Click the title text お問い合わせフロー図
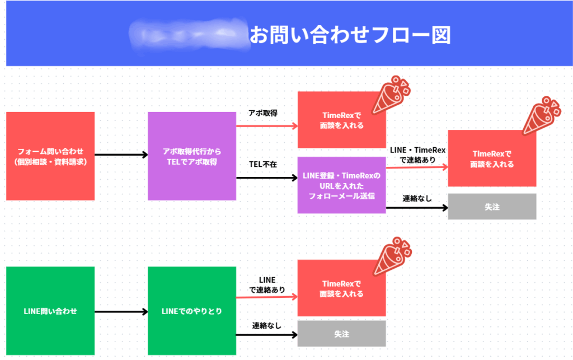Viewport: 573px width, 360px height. pos(350,35)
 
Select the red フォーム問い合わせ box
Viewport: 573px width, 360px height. pos(50,156)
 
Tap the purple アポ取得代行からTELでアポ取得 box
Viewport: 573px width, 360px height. pos(192,156)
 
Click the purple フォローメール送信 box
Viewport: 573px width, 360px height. pos(341,186)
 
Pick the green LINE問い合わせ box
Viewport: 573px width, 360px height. pos(50,311)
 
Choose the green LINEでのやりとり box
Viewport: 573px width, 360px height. pos(192,311)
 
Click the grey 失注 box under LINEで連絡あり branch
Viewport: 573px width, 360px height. pos(341,334)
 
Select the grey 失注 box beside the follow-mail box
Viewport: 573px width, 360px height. pos(492,207)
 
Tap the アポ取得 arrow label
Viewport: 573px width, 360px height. pos(263,113)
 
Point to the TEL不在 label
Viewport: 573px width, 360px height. pos(263,164)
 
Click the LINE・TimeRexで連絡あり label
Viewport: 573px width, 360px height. pos(417,155)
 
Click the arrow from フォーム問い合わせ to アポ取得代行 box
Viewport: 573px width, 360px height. pos(121,155)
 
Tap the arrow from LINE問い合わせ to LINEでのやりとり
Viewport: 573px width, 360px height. pos(121,311)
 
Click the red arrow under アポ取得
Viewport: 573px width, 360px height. pos(266,126)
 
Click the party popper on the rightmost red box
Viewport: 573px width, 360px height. pos(539,115)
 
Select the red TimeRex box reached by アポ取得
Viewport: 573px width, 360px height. pos(341,120)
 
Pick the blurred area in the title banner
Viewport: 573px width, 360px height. pos(187,35)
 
